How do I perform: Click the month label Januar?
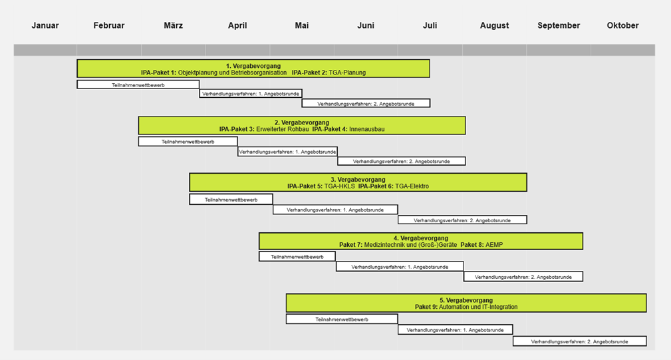(45, 26)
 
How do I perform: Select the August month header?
(494, 26)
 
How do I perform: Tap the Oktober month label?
(622, 26)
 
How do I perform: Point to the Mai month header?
(302, 26)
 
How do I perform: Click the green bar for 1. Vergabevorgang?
(253, 69)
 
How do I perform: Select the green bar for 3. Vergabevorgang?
(358, 182)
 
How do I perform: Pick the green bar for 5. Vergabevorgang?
(466, 303)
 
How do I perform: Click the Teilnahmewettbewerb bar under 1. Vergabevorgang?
(138, 85)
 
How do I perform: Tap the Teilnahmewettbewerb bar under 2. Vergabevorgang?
(188, 142)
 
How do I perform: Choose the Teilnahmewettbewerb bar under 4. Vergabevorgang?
(297, 257)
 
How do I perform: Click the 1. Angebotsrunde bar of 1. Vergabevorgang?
(250, 94)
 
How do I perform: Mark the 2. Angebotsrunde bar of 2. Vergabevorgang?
(401, 161)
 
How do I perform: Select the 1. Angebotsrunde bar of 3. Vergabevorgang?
(335, 210)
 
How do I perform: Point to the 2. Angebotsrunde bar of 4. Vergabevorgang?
(523, 276)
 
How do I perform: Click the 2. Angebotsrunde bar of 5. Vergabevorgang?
(579, 341)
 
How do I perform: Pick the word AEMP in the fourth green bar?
(494, 245)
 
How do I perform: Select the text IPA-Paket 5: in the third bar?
(305, 186)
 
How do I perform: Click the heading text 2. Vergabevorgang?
(301, 123)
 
